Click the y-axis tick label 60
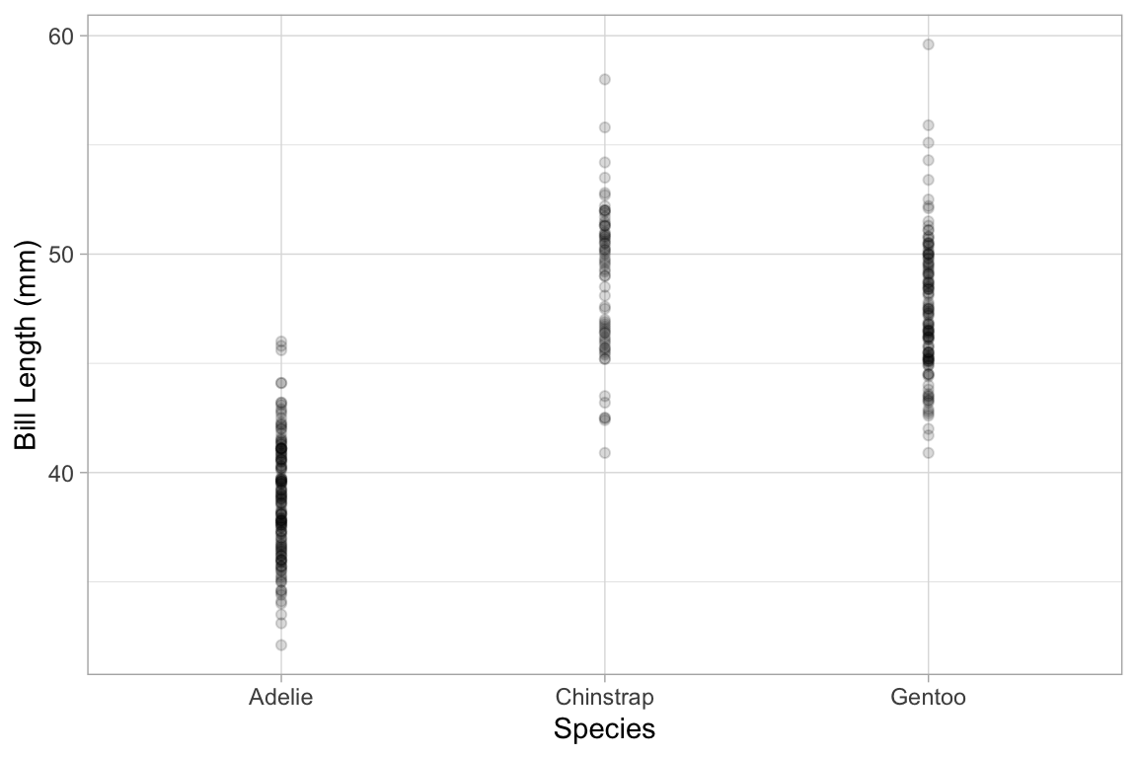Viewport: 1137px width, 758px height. (x=62, y=36)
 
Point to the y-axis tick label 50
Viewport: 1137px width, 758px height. (x=62, y=255)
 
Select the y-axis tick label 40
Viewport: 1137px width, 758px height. (x=62, y=473)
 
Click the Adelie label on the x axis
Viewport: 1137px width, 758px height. (x=281, y=698)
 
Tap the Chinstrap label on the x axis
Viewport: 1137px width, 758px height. (x=604, y=698)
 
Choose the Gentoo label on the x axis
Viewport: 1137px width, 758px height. (x=928, y=698)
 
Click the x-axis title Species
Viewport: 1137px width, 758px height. (x=604, y=729)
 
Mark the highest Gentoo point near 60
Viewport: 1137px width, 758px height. (x=928, y=44)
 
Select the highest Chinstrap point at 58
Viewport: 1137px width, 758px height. (x=605, y=79)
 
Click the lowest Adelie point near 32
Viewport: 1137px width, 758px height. (x=281, y=644)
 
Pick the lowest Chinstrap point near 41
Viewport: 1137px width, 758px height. (x=605, y=453)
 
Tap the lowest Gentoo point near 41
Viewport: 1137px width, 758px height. (x=928, y=453)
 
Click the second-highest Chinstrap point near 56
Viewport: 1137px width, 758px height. (x=605, y=127)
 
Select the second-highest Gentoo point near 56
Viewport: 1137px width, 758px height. (x=928, y=125)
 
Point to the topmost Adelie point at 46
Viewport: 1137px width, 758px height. (x=281, y=341)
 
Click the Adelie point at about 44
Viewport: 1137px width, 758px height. (x=281, y=383)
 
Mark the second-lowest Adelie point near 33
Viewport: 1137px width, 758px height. (x=281, y=623)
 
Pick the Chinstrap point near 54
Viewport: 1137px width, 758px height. (x=605, y=162)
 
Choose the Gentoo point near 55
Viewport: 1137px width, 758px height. (x=928, y=143)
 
